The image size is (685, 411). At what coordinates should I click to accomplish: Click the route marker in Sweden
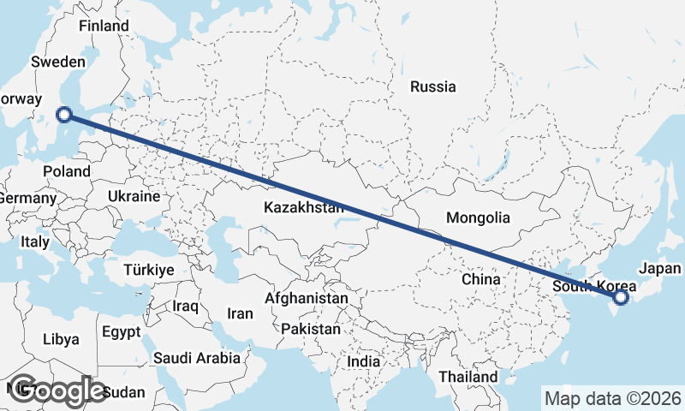point(64,115)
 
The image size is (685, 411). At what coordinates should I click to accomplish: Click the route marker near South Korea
point(621,297)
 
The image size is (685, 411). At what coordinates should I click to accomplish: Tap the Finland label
point(104,26)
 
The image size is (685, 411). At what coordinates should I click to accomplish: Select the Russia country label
point(432,86)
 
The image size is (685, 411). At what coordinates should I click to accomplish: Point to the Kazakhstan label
point(304,207)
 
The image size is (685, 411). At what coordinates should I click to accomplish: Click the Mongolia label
point(478,218)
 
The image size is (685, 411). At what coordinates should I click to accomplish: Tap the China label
point(480,279)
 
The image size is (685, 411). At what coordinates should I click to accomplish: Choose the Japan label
point(660,268)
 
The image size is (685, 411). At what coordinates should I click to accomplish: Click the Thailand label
point(468,377)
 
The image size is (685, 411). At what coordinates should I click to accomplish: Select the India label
point(363,362)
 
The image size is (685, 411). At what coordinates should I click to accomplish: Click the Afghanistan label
point(307,299)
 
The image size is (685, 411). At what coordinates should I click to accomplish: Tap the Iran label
point(240,313)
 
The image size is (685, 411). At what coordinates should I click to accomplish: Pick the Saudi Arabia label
point(196,358)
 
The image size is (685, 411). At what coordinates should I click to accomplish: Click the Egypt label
point(120,331)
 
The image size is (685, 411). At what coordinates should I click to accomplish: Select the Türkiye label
point(149,269)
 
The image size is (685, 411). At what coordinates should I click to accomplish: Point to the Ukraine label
point(133,196)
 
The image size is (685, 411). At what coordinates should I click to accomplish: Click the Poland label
point(67,171)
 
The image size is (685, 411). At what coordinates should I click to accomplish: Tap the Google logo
point(57,390)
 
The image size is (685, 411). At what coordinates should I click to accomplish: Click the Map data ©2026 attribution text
point(613,398)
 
